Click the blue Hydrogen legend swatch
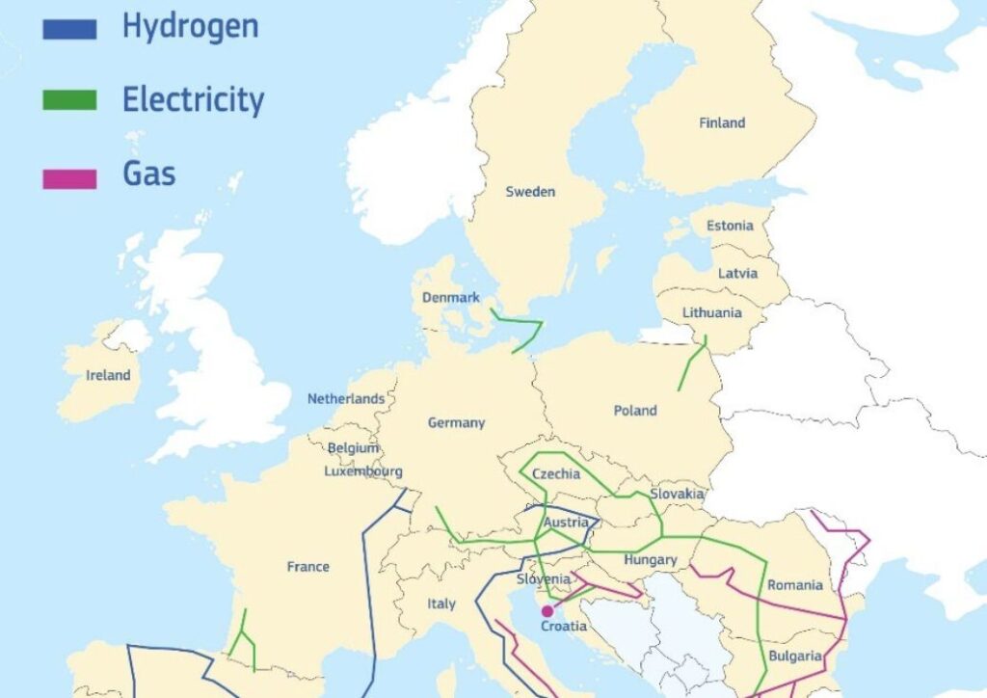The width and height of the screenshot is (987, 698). coord(69,30)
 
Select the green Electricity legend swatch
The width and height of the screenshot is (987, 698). coord(69,100)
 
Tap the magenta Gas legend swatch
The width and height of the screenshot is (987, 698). coord(69,178)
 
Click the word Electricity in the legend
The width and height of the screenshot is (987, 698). coord(193,99)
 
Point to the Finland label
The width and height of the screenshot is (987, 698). coord(722,122)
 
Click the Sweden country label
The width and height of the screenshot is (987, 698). coord(530,192)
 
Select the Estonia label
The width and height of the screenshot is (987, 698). coord(730,227)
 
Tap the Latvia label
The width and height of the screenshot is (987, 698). coord(737,274)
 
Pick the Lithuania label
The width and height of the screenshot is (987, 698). coord(711,313)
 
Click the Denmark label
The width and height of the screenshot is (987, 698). coord(450,298)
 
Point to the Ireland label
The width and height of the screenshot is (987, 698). coord(108,375)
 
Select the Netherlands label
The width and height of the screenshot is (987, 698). coord(346,398)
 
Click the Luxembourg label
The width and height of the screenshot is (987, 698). coord(362,471)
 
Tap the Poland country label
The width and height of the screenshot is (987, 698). coord(635,411)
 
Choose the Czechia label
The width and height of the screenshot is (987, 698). coord(556,473)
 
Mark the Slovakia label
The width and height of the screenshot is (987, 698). coord(676,494)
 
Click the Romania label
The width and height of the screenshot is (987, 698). coord(795,585)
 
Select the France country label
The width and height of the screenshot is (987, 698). coord(307,567)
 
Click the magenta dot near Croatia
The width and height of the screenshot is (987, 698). coord(547,611)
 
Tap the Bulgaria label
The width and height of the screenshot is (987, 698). coord(795,657)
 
